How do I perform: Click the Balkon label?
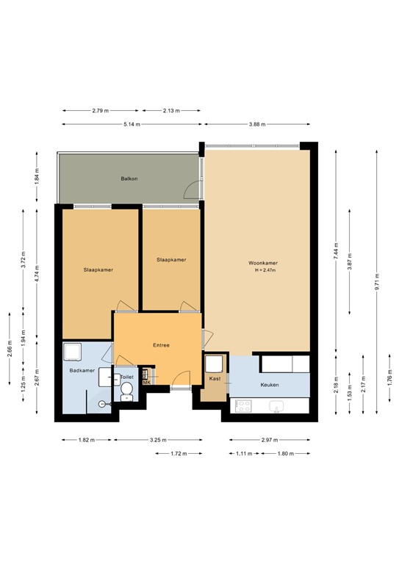tap(129, 179)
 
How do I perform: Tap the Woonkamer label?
tap(262, 263)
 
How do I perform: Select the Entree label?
tap(161, 345)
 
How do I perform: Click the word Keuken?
tap(270, 384)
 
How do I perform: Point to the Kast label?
tap(215, 379)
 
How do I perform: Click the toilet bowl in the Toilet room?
tap(126, 390)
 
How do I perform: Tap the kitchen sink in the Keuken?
tap(278, 405)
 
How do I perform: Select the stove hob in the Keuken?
tap(243, 405)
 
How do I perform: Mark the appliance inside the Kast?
tap(214, 364)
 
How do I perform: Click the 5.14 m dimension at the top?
tap(132, 124)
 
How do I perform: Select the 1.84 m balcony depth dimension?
tap(36, 177)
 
